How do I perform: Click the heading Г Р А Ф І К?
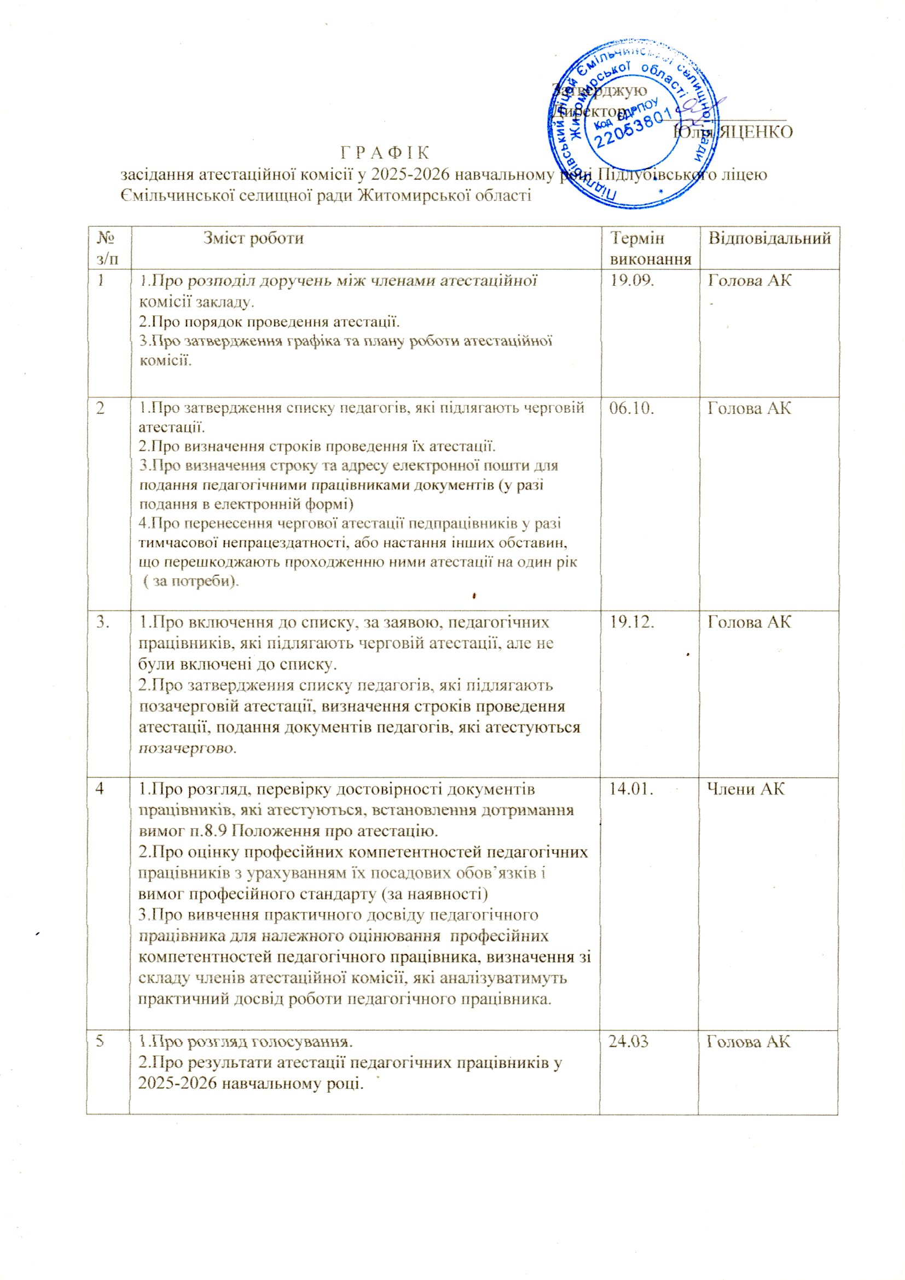tap(385, 152)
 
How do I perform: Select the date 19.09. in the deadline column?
tap(632, 280)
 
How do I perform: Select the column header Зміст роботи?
tap(253, 239)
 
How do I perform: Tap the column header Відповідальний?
tap(769, 239)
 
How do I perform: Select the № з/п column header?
tap(108, 248)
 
